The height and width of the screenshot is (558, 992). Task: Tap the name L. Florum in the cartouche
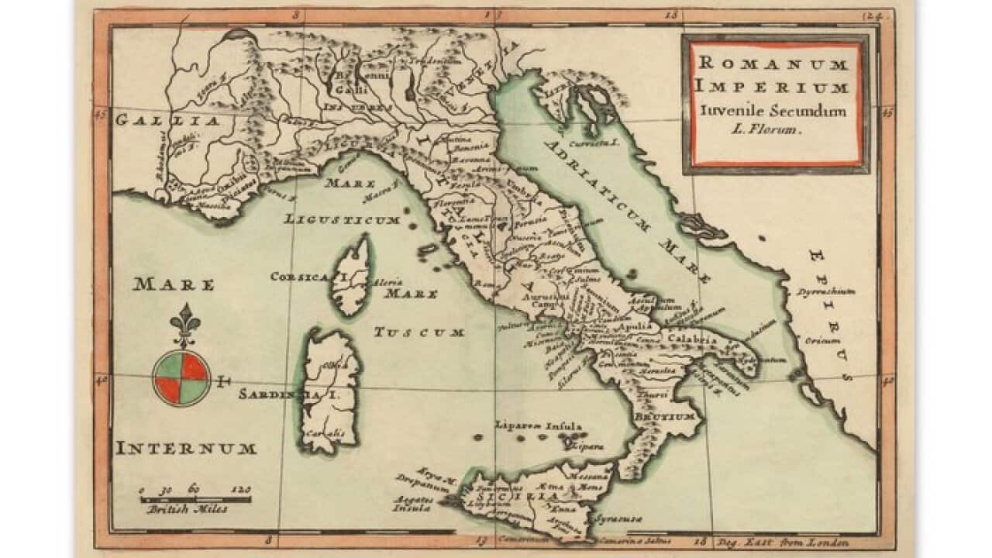764,130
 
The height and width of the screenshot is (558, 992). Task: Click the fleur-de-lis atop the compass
184,324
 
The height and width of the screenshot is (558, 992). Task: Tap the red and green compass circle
181,377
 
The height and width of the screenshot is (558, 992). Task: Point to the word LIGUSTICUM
342,219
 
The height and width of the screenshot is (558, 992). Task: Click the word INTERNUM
186,448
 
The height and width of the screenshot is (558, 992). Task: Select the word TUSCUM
419,332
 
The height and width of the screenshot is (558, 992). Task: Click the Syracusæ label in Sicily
618,516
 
